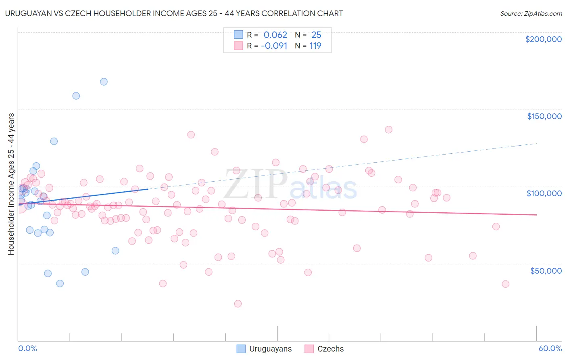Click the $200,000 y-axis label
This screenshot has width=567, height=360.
click(x=543, y=39)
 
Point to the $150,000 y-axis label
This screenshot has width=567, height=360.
click(x=544, y=116)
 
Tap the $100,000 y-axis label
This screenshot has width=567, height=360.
click(x=544, y=193)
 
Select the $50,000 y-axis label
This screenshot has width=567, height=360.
click(x=546, y=270)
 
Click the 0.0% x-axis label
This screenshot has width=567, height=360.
click(x=27, y=348)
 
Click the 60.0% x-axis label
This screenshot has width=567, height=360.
click(x=550, y=348)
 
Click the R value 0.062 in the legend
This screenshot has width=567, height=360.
click(x=275, y=35)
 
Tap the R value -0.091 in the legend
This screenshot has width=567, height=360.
click(x=274, y=46)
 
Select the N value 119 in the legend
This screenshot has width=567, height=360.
click(x=315, y=46)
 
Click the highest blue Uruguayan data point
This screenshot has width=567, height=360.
click(x=104, y=82)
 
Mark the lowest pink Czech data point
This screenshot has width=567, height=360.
click(x=238, y=303)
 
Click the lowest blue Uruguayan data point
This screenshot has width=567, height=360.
click(x=60, y=283)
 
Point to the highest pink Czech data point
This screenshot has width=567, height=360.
click(x=389, y=130)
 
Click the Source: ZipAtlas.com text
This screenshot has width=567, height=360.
click(x=531, y=14)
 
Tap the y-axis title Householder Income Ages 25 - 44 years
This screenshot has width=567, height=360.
click(x=11, y=184)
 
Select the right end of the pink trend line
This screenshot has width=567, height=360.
click(x=536, y=215)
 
